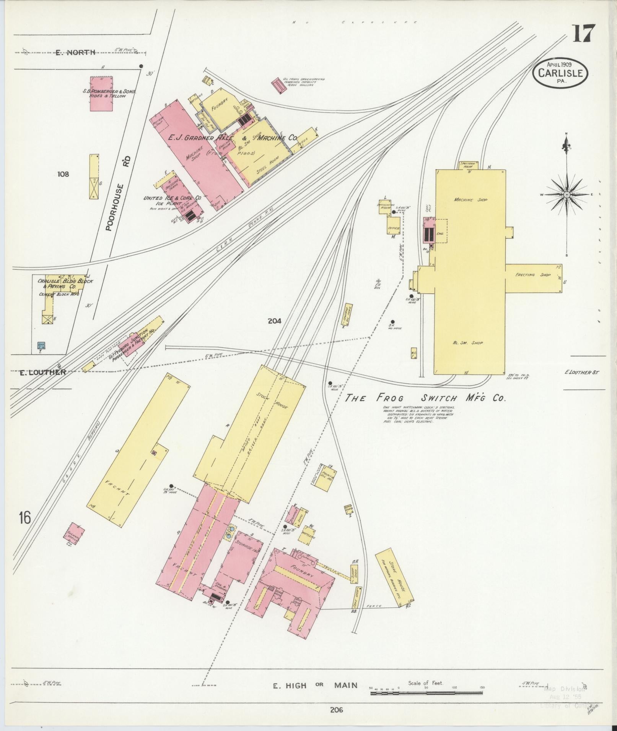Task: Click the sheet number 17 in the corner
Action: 584,33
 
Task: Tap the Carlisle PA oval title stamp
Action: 560,73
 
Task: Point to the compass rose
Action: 567,195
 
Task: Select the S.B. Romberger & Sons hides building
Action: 101,94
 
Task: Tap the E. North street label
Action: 75,52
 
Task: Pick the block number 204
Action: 274,321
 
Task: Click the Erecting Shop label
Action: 533,275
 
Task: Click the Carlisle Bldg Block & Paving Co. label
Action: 65,283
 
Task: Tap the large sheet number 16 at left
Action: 25,519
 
